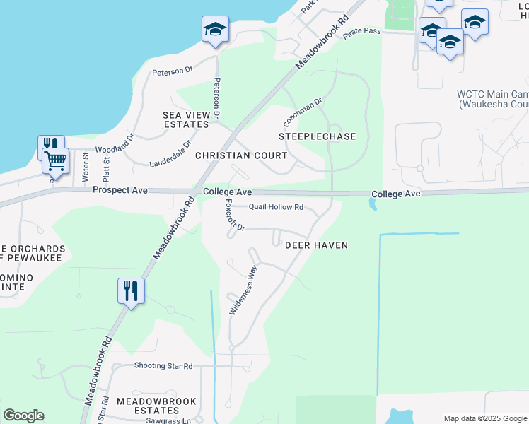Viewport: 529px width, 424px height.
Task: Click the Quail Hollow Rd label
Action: pos(276,207)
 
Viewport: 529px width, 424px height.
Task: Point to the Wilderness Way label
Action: pos(241,290)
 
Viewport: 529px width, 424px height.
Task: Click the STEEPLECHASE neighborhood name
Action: pos(317,136)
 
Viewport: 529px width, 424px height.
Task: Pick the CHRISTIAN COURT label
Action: pos(241,155)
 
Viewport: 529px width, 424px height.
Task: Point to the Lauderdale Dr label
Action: pos(170,157)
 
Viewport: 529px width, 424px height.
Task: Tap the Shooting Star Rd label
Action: pos(163,366)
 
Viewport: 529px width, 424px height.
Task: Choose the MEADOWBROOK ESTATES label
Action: pos(156,406)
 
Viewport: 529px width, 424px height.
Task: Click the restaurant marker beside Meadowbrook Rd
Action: pos(131,290)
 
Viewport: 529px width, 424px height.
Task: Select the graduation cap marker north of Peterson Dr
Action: pos(215,29)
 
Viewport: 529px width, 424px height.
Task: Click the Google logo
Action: pos(23,416)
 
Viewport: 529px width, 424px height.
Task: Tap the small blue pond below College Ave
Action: pos(372,204)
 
